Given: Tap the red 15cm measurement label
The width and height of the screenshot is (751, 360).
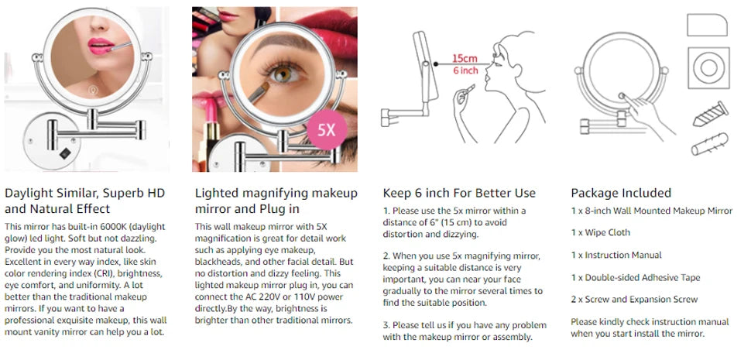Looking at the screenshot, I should pyautogui.click(x=465, y=58).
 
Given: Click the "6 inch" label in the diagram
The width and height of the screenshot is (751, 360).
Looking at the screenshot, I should pyautogui.click(x=465, y=70).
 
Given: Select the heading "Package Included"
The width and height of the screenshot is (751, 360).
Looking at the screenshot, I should pyautogui.click(x=621, y=193).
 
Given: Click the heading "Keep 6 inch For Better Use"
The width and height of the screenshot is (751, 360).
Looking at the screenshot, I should pyautogui.click(x=459, y=193).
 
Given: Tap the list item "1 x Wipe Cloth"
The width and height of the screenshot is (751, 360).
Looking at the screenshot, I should pyautogui.click(x=600, y=232).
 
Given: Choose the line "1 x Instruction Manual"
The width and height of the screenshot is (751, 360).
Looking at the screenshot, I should pyautogui.click(x=616, y=255).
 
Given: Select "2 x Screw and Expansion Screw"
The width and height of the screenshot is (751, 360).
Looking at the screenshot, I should pyautogui.click(x=634, y=299).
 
